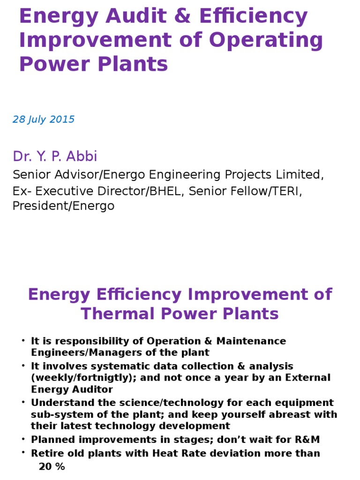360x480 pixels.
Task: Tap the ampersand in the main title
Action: coord(185,17)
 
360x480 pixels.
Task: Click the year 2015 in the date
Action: coord(62,120)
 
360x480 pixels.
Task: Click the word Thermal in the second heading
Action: coord(120,314)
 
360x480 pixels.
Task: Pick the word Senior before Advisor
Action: coord(31,175)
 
